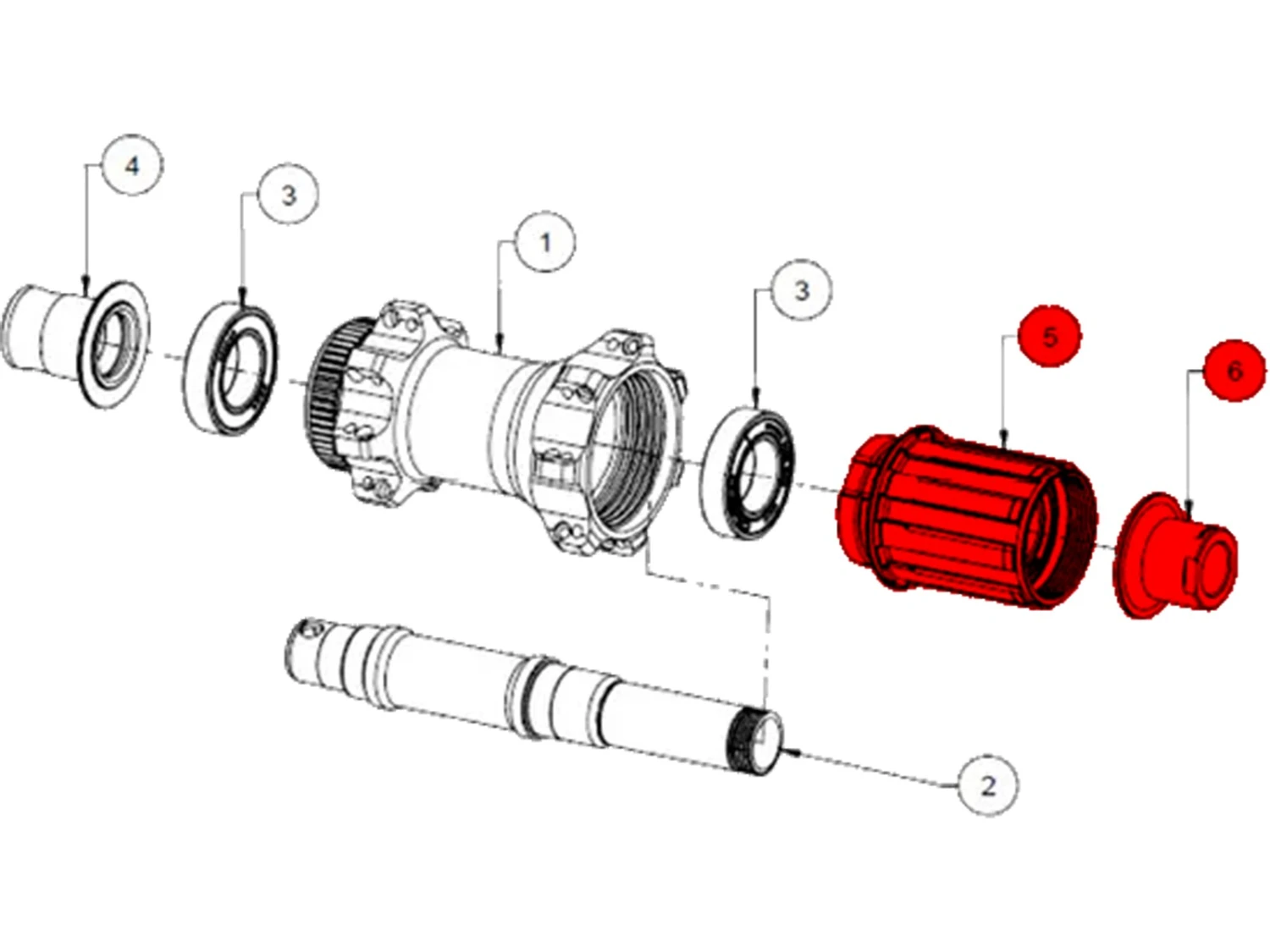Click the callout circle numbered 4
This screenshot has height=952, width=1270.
pos(132,165)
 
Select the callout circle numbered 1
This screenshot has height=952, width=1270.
pos(545,243)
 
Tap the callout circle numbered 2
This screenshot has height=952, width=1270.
pos(987,786)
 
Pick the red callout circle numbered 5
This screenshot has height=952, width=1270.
pos(1050,337)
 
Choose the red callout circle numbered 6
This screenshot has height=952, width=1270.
pos(1234,371)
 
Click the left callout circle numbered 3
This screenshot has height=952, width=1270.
pos(288,195)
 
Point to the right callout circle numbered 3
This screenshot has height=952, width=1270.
pos(802,290)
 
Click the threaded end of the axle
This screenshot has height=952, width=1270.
pos(754,740)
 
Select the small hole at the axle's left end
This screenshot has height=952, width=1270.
pos(309,630)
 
